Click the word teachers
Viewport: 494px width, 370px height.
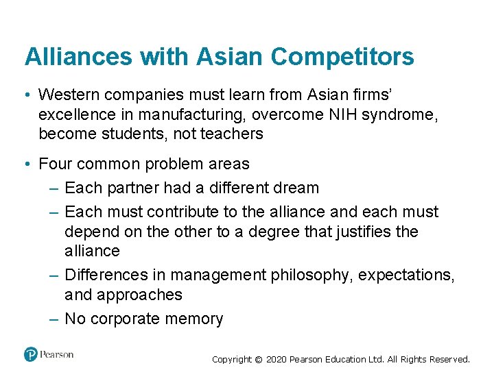[231, 133]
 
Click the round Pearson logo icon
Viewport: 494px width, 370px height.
[31, 354]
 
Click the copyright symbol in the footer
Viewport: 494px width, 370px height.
[258, 359]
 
